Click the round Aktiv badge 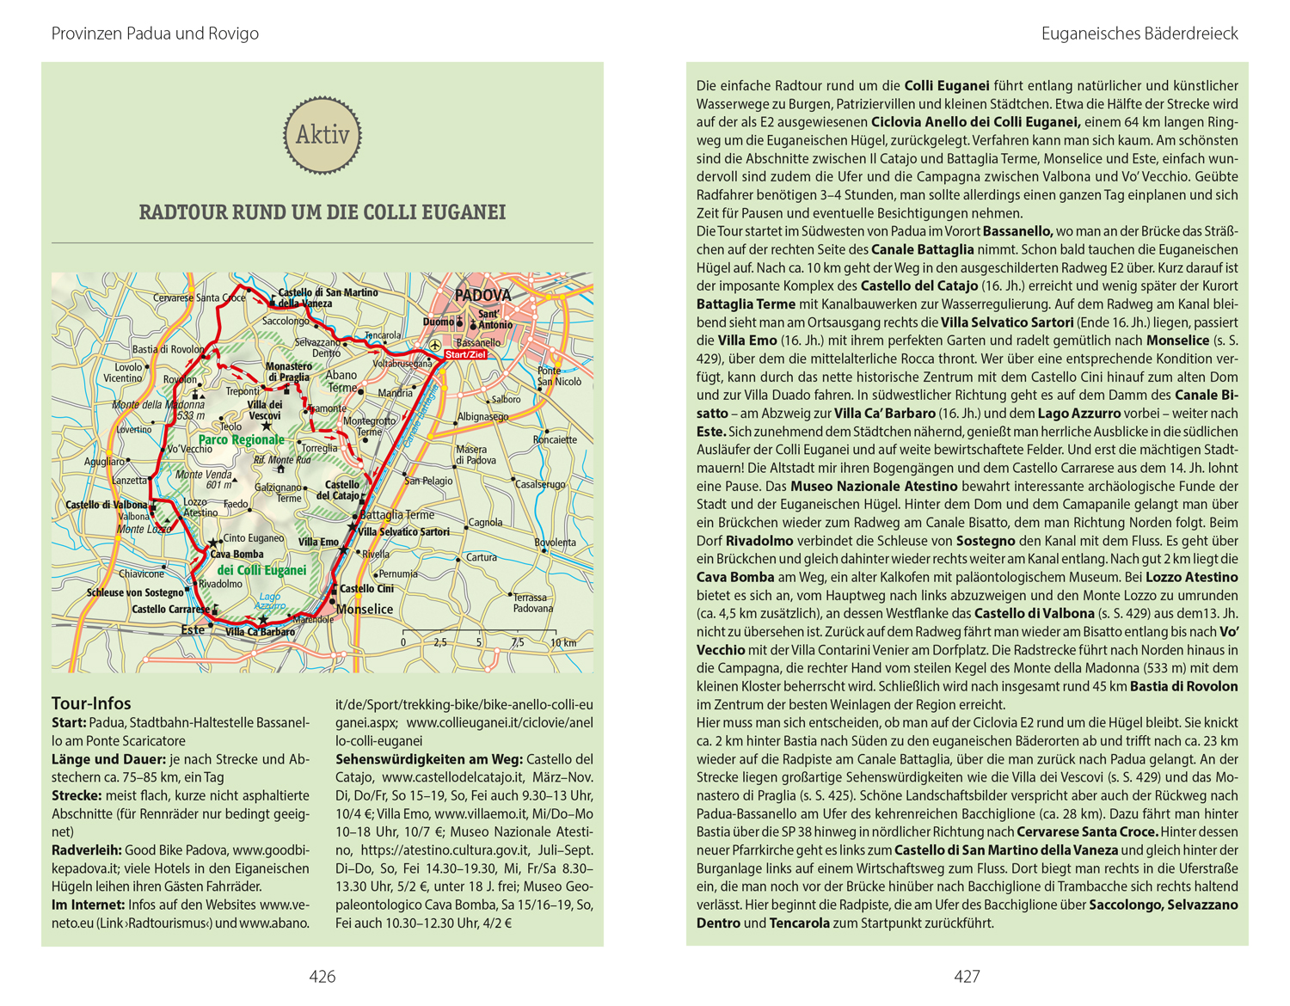tap(322, 135)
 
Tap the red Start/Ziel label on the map tap(465, 354)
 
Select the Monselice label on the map tap(365, 610)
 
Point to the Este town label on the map tap(193, 629)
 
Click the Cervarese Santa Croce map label tap(199, 298)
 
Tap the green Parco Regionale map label tap(241, 439)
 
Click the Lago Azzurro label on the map tap(269, 601)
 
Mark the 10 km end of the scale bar tap(563, 642)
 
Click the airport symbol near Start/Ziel tap(435, 345)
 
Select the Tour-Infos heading tap(91, 703)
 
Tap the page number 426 tap(322, 976)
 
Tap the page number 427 tap(967, 976)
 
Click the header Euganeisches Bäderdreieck tap(1139, 34)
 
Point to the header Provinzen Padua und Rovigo tap(155, 34)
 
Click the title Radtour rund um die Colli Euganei tap(322, 212)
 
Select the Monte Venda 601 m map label tap(205, 480)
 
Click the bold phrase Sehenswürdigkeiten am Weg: tap(428, 759)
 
